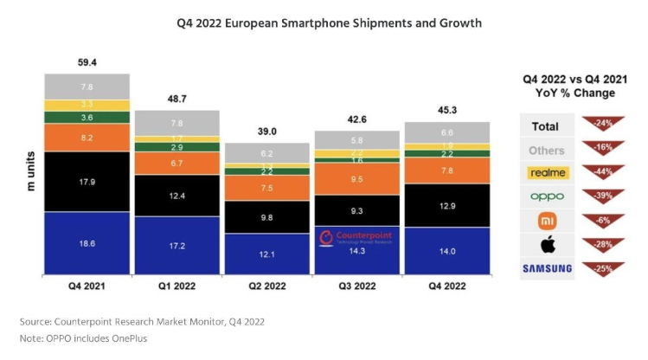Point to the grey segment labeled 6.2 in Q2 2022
click(266, 153)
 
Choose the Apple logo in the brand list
click(547, 245)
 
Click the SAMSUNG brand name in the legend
click(547, 269)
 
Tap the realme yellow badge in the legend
click(547, 173)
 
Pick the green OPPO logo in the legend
click(547, 197)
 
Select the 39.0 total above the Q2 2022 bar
click(266, 131)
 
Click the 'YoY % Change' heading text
click(568, 93)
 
